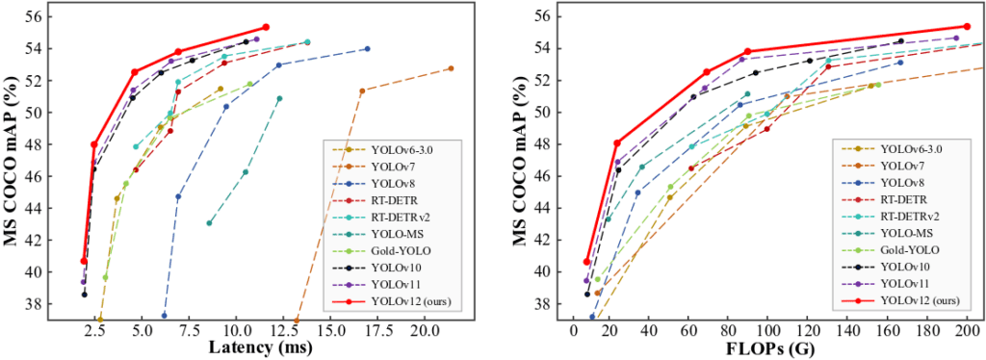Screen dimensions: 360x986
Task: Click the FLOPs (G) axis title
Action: point(767,347)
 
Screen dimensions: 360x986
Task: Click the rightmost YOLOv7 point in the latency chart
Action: point(451,68)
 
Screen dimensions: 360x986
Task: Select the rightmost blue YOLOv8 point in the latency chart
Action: point(367,49)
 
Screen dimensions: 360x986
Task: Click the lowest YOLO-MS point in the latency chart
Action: point(209,223)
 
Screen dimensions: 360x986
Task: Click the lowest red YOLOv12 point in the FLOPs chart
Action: point(586,262)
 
